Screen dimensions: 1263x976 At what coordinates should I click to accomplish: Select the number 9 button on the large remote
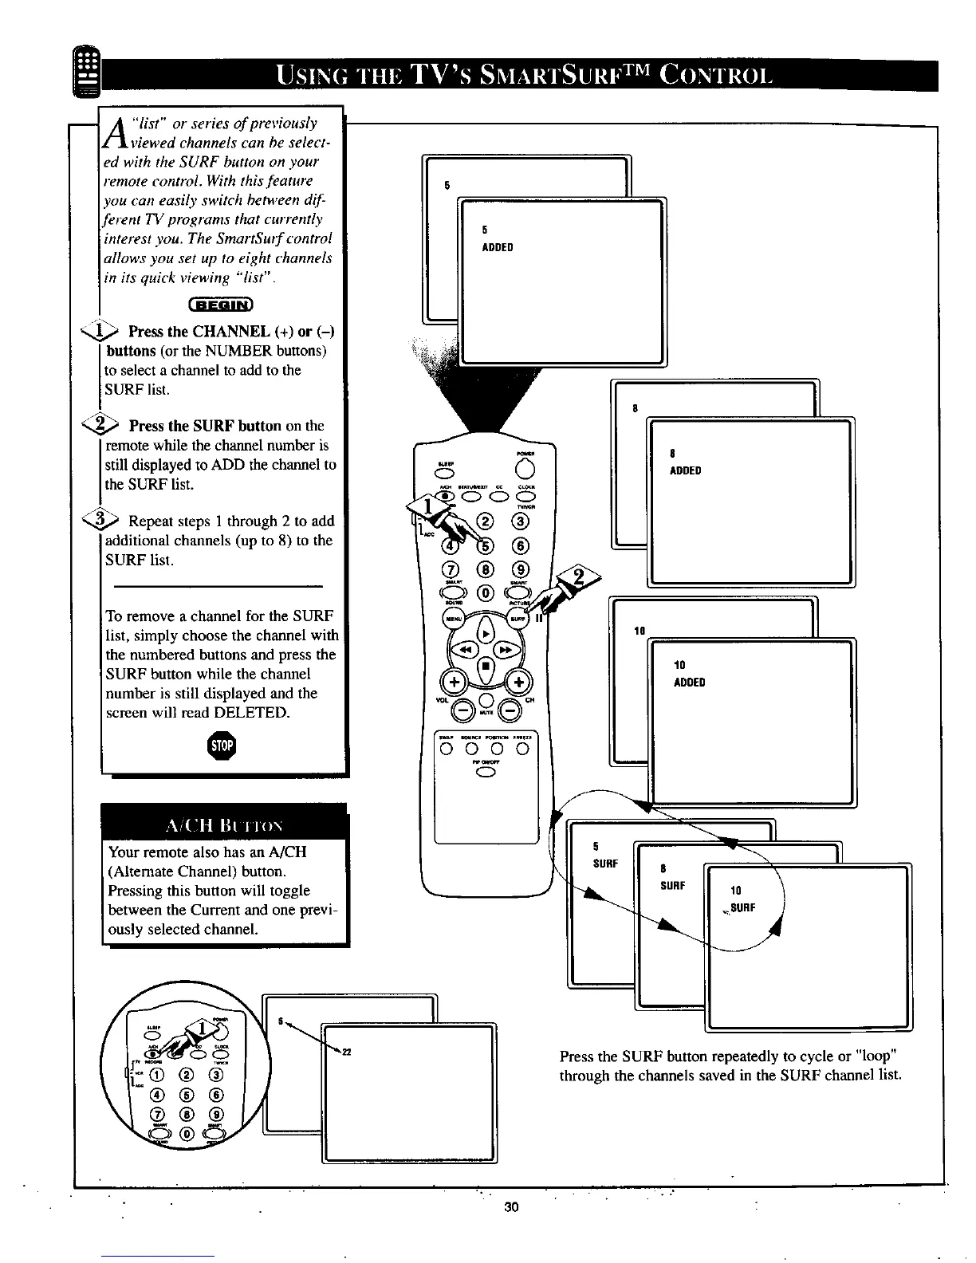[522, 569]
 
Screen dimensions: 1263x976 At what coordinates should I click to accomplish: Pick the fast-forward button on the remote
[508, 650]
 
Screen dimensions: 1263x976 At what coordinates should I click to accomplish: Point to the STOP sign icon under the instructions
[221, 746]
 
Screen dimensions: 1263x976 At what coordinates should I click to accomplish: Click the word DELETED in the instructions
[250, 712]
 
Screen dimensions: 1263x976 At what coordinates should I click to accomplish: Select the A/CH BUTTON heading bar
[224, 823]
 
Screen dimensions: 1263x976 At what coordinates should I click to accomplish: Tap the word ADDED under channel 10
[690, 683]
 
